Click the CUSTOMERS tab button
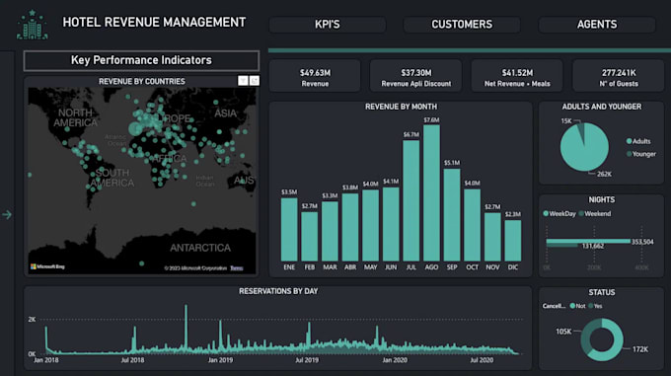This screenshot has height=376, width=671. click(x=462, y=25)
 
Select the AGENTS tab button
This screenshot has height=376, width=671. click(x=597, y=25)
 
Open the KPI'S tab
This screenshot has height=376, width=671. click(x=328, y=25)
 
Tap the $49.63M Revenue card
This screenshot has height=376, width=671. click(x=314, y=76)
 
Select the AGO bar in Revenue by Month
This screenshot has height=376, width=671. click(x=431, y=191)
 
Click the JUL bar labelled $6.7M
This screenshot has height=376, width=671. click(x=410, y=199)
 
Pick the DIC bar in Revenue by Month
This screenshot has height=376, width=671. click(x=512, y=239)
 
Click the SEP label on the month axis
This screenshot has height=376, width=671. click(x=451, y=266)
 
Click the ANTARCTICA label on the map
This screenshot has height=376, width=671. click(x=199, y=247)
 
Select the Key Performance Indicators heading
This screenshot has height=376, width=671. click(x=141, y=60)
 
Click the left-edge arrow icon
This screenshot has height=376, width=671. click(x=7, y=214)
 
